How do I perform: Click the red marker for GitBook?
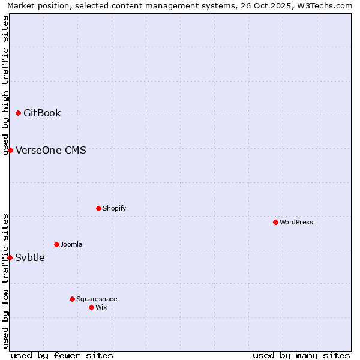pyautogui.click(x=19, y=113)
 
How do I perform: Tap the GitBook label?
pyautogui.click(x=42, y=113)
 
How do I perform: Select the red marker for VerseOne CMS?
pyautogui.click(x=10, y=150)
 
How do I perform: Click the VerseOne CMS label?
pyautogui.click(x=51, y=150)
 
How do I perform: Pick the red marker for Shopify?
pyautogui.click(x=98, y=208)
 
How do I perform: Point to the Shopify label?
pyautogui.click(x=114, y=208)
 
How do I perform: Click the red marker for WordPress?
pyautogui.click(x=275, y=222)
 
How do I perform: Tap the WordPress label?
pyautogui.click(x=296, y=222)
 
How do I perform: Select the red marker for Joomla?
pyautogui.click(x=56, y=244)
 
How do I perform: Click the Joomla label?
pyautogui.click(x=71, y=244)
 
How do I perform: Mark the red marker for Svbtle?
pyautogui.click(x=10, y=257)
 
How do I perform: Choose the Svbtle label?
pyautogui.click(x=30, y=258)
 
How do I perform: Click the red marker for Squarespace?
pyautogui.click(x=72, y=299)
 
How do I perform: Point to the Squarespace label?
pyautogui.click(x=97, y=299)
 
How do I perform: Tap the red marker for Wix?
pyautogui.click(x=91, y=307)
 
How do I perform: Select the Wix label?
pyautogui.click(x=101, y=307)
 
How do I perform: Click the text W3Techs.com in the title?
pyautogui.click(x=325, y=5)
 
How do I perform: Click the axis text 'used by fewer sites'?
pyautogui.click(x=62, y=355)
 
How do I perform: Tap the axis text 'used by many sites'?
pyautogui.click(x=301, y=355)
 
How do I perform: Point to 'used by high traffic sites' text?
pyautogui.click(x=5, y=85)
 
